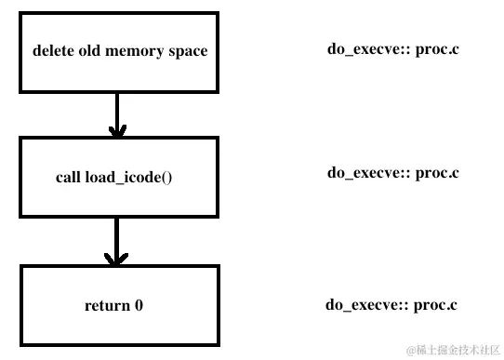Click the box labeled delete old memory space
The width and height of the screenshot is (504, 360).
click(x=119, y=52)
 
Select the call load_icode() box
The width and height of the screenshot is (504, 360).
click(x=119, y=177)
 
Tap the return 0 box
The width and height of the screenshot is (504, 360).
click(x=119, y=303)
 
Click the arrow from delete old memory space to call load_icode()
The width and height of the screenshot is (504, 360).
click(x=116, y=115)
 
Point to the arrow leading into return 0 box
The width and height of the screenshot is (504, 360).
click(x=116, y=242)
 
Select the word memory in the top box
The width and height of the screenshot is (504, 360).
click(x=136, y=51)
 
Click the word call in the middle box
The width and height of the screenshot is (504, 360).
click(x=69, y=177)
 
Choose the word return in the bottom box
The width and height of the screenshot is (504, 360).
click(x=106, y=304)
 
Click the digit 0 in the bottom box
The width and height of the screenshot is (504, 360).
click(x=139, y=304)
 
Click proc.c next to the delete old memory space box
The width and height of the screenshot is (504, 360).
click(x=437, y=48)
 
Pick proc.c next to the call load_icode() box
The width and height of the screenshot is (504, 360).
click(x=437, y=172)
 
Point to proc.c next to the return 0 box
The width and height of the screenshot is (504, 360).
click(x=435, y=304)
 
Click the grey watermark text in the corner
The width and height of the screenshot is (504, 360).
click(x=452, y=349)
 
